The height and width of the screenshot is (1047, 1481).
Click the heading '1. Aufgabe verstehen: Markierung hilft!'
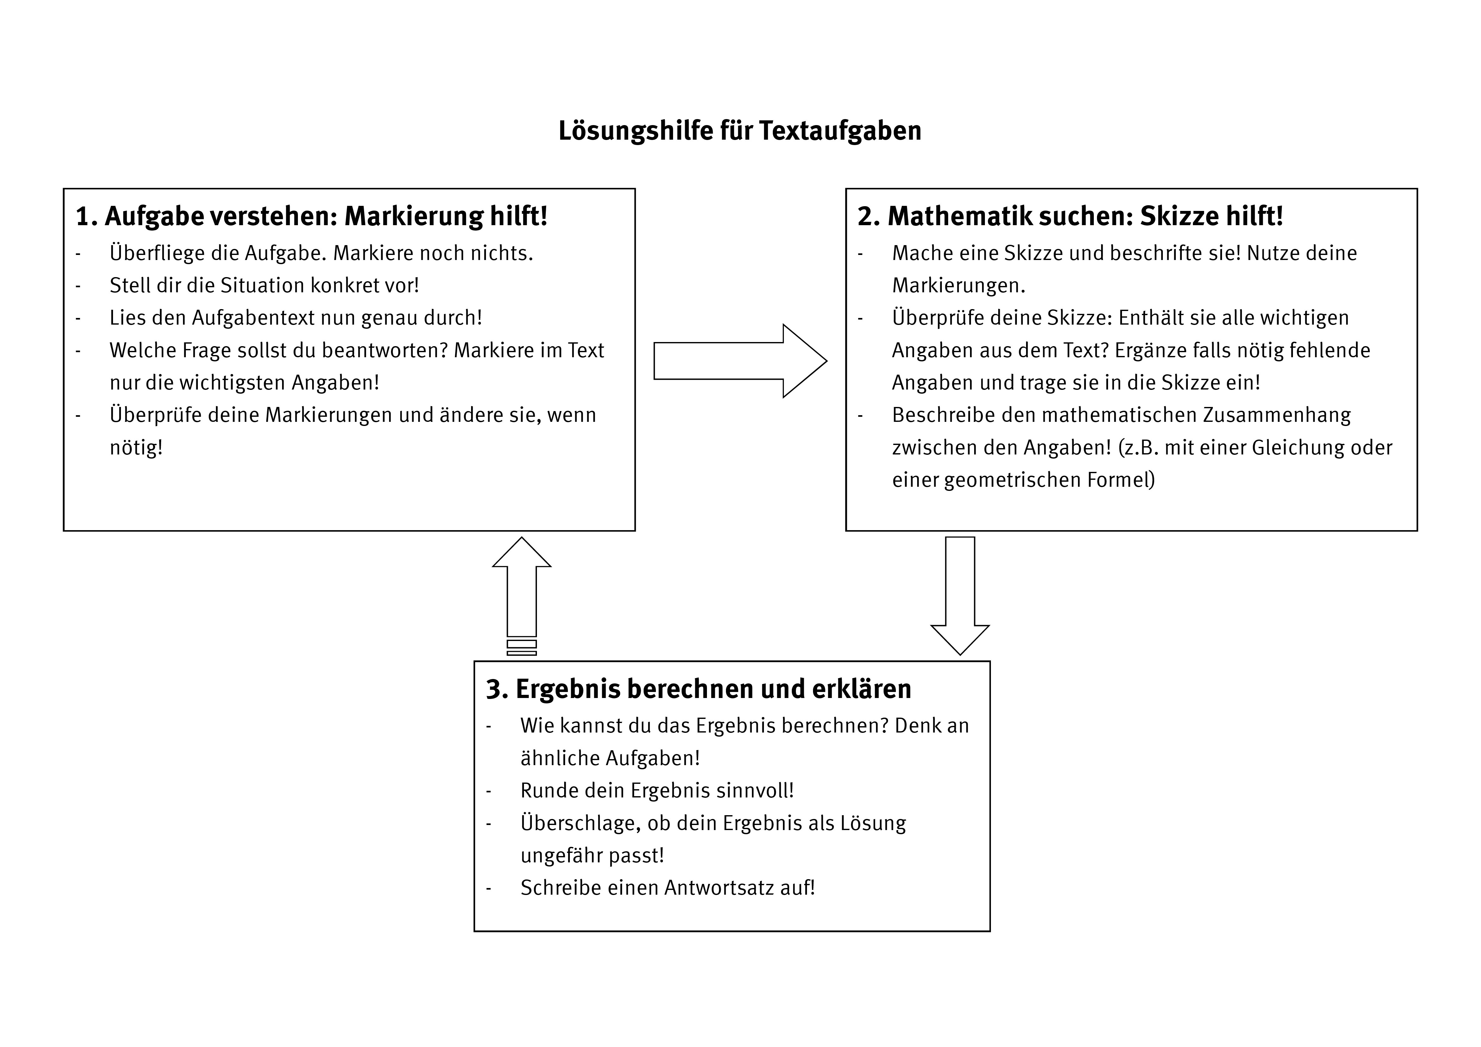click(x=312, y=216)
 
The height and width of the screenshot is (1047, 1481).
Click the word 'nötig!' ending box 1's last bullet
click(x=136, y=447)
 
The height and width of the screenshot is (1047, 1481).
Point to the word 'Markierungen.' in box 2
click(x=959, y=285)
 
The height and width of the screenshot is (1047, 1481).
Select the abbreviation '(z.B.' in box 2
click(x=1138, y=447)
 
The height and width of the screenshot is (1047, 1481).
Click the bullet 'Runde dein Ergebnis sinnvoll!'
click(x=657, y=790)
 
